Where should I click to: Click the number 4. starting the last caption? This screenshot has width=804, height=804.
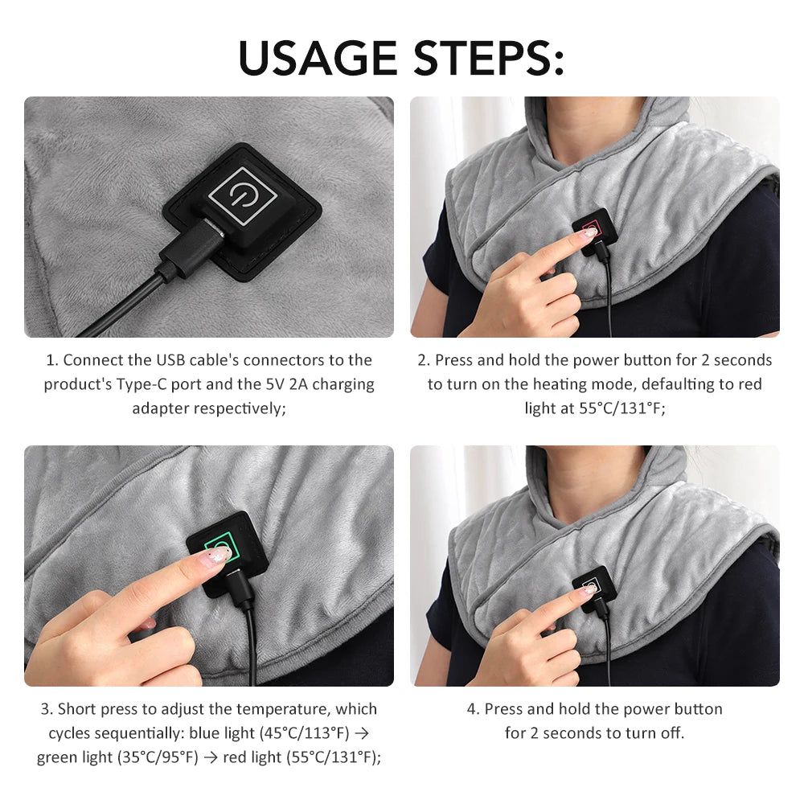[x=473, y=709]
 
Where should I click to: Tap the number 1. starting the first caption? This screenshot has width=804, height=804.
[x=52, y=360]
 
